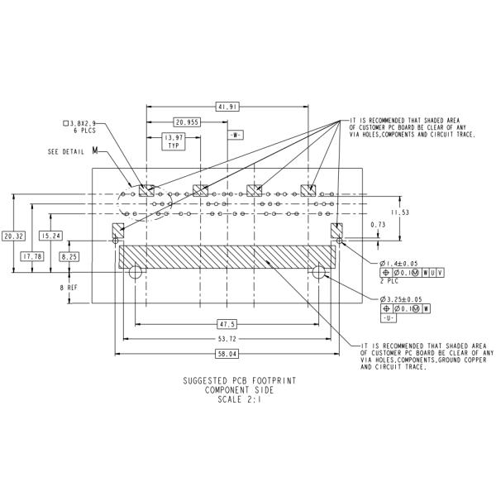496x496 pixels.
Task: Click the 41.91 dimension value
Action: (x=227, y=107)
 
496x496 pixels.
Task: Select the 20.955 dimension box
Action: (x=188, y=122)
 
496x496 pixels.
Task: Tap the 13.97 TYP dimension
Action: (x=174, y=141)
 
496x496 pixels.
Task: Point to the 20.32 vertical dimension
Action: (x=12, y=236)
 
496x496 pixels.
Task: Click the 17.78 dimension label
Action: (x=33, y=256)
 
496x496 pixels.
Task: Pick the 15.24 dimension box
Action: (x=51, y=236)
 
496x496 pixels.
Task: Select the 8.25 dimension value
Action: (x=69, y=257)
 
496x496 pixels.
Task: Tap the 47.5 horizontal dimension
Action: (x=227, y=323)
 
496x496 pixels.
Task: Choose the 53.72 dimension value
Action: (x=227, y=339)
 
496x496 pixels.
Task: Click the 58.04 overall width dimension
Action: (x=227, y=354)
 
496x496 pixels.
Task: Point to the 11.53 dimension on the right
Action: (x=400, y=212)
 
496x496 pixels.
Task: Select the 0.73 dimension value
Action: (x=378, y=225)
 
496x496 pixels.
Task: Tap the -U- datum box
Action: (x=388, y=317)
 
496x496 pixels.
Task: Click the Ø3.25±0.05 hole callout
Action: (x=402, y=299)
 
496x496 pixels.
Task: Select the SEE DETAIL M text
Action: (x=72, y=152)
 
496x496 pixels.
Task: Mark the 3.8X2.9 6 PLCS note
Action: (x=83, y=126)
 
